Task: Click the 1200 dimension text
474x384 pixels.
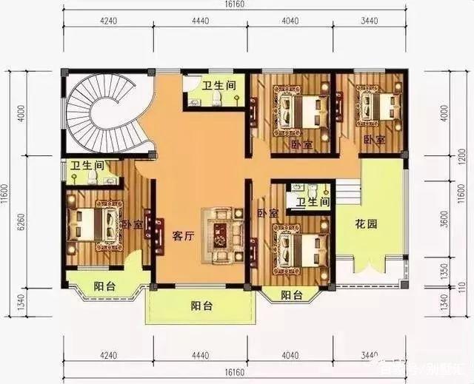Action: pyautogui.click(x=444, y=158)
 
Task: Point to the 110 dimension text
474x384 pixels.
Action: pyautogui.click(x=444, y=286)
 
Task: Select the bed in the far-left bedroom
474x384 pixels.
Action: pyautogui.click(x=93, y=224)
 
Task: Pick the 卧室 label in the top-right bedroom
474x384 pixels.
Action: pyautogui.click(x=374, y=140)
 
